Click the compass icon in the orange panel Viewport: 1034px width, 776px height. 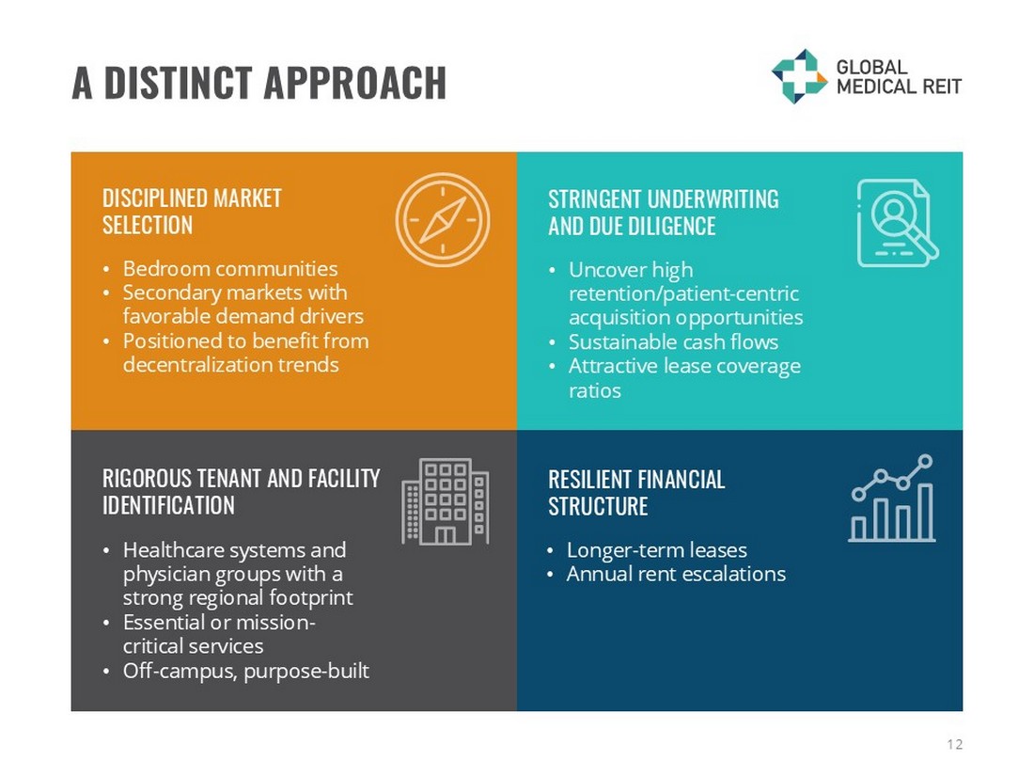pyautogui.click(x=443, y=220)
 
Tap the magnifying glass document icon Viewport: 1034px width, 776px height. pyautogui.click(x=898, y=223)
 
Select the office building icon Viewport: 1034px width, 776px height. pyautogui.click(x=446, y=501)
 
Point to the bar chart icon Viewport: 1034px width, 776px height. pyautogui.click(x=892, y=499)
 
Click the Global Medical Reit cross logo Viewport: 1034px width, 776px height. pyautogui.click(x=799, y=76)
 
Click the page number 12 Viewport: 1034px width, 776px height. pyautogui.click(x=954, y=744)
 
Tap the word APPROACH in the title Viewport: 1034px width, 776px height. pyautogui.click(x=355, y=83)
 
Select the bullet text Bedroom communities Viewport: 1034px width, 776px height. pyautogui.click(x=230, y=269)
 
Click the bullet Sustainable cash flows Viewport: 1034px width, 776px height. pyautogui.click(x=673, y=341)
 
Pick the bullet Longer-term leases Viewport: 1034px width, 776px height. pyautogui.click(x=657, y=549)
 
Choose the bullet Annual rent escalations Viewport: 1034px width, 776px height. pyautogui.click(x=676, y=574)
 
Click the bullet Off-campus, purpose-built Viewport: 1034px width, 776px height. pyautogui.click(x=246, y=671)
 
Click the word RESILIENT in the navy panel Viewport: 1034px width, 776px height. pyautogui.click(x=588, y=479)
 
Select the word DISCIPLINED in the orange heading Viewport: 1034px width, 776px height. pyautogui.click(x=154, y=198)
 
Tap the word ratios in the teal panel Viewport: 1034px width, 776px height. pyautogui.click(x=595, y=390)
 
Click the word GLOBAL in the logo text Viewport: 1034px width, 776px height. pyautogui.click(x=871, y=68)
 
